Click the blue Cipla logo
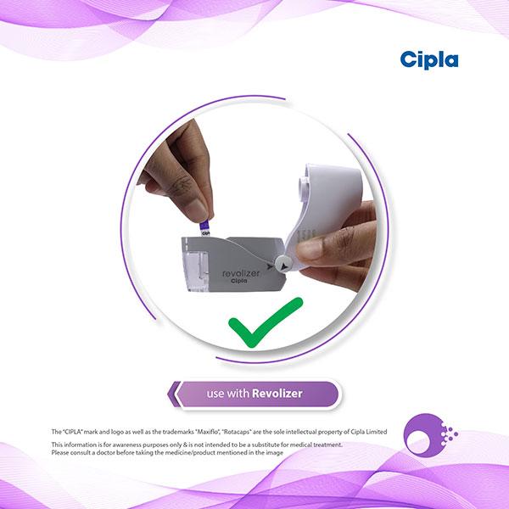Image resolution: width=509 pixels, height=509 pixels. [x=429, y=60]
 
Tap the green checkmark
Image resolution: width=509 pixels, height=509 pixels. [x=266, y=322]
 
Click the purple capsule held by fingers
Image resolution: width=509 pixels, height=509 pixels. [x=205, y=228]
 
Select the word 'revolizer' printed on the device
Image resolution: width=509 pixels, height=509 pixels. [x=241, y=273]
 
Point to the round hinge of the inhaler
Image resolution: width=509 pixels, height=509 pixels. [x=283, y=264]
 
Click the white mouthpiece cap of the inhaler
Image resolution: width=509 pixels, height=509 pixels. [x=327, y=208]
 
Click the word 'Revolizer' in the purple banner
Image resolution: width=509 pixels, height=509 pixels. [x=277, y=394]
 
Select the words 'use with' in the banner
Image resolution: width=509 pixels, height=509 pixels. [x=228, y=394]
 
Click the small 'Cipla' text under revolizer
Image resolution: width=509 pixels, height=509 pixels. [x=239, y=281]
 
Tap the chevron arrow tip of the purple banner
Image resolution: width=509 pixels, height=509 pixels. [x=169, y=394]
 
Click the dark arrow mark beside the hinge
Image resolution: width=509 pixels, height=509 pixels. [x=270, y=266]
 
